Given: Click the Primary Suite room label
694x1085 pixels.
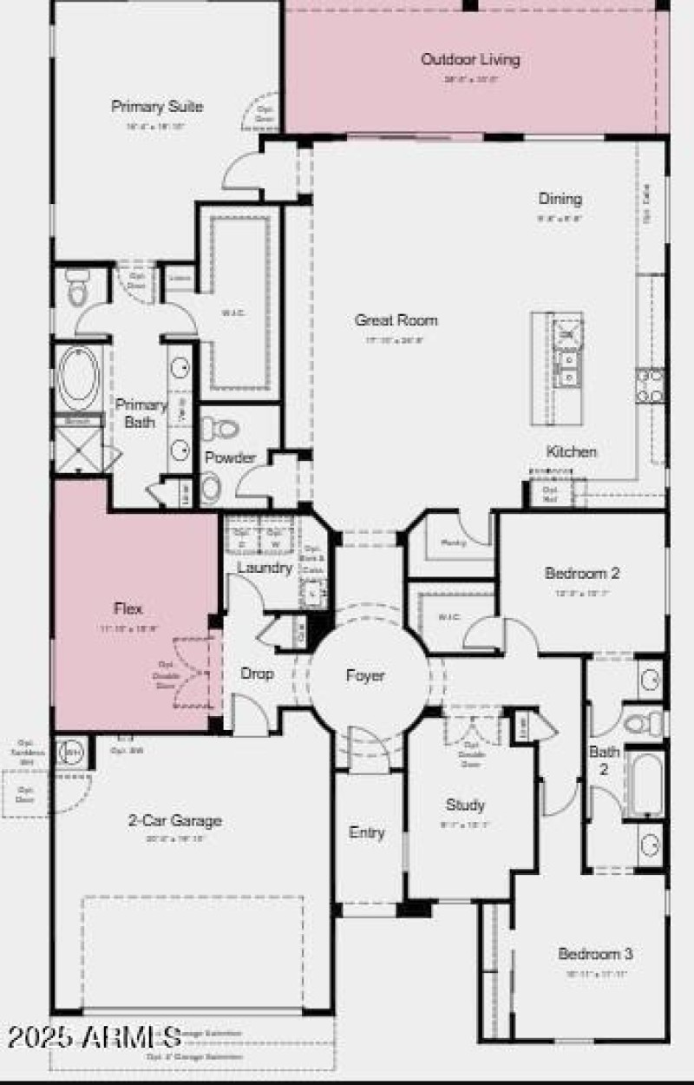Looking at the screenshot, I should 157,107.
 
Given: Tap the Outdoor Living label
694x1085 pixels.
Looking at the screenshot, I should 470,60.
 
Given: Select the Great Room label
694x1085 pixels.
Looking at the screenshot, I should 396,320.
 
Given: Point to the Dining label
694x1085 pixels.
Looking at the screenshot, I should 560,199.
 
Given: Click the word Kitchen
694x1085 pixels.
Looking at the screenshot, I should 571,452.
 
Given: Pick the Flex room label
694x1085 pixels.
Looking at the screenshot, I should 128,608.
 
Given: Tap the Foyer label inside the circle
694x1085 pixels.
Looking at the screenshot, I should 364,675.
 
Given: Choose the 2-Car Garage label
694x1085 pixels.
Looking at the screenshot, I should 175,820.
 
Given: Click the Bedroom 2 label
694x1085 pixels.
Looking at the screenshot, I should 582,574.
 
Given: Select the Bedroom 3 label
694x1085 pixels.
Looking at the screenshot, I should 595,954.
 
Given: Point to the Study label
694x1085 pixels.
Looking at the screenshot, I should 465,805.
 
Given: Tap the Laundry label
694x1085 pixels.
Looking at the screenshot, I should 264,568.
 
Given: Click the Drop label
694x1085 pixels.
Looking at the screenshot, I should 257,674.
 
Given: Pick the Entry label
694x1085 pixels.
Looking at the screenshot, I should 366,832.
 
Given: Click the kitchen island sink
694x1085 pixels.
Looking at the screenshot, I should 568,369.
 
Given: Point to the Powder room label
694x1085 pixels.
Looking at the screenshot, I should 230,457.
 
